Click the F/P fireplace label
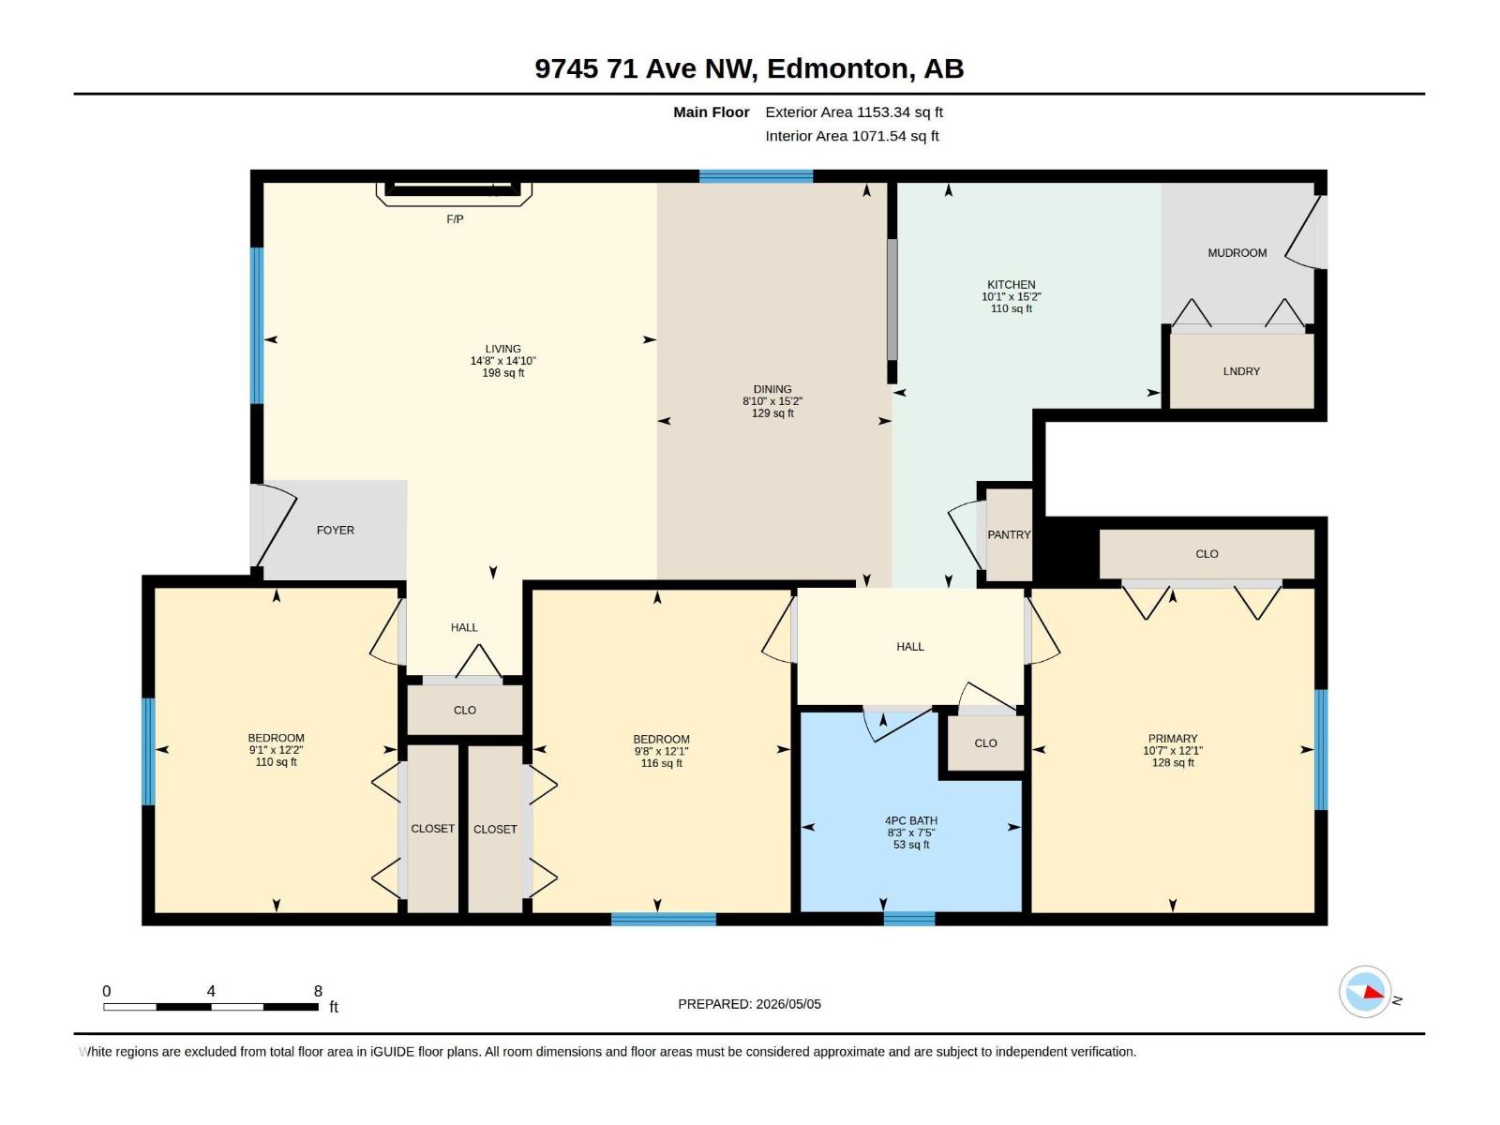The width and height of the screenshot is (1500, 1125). tap(455, 219)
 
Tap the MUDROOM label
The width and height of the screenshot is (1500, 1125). tap(1237, 253)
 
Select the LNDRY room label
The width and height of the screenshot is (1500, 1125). tap(1241, 371)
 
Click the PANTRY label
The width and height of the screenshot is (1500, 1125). tap(1009, 534)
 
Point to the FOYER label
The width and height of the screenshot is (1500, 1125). tap(335, 530)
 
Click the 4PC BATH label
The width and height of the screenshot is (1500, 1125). tap(911, 820)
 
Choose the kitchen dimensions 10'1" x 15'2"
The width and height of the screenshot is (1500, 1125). tap(1011, 296)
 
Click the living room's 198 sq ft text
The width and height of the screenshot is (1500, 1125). tap(502, 373)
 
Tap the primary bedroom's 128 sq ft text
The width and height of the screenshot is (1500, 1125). tap(1173, 762)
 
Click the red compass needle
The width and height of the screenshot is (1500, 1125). tap(1372, 993)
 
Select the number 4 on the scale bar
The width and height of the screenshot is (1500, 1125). tap(211, 990)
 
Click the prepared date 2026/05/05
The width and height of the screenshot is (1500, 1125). tap(787, 1004)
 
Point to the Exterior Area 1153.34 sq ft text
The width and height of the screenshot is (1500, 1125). tap(853, 112)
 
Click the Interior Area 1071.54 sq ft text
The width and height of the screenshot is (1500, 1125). tap(851, 136)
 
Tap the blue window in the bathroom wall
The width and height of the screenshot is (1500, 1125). tap(908, 919)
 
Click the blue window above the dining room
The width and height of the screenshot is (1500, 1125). tap(756, 176)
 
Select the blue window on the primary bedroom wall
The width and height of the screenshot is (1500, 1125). tap(1321, 749)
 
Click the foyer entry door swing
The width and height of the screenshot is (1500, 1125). tap(274, 525)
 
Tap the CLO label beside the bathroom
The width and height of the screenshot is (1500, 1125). tap(985, 743)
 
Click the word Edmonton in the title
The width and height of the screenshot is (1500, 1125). tap(841, 69)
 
